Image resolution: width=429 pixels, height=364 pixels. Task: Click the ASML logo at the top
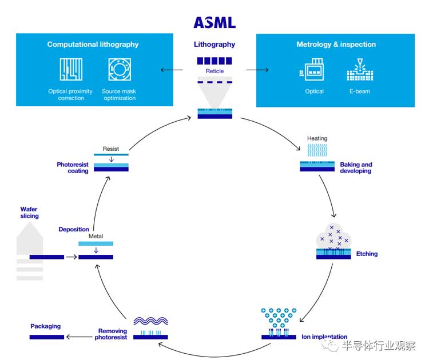point(214,23)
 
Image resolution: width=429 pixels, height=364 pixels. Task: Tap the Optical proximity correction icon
point(71,69)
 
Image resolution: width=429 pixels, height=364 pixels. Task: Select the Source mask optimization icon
point(119,69)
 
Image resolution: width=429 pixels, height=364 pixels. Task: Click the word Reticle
point(214,71)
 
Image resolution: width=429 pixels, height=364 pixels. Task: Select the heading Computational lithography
point(93,45)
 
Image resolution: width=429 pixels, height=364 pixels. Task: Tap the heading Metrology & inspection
point(336,45)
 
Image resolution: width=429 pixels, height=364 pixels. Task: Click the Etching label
point(367,254)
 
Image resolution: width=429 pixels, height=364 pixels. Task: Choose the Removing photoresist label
point(112,334)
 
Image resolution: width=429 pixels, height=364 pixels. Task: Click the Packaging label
point(45,326)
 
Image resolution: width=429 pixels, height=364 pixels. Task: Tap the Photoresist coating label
point(73,167)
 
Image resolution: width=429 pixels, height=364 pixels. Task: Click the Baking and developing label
point(356,167)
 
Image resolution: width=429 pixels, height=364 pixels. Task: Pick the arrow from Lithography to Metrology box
point(257,70)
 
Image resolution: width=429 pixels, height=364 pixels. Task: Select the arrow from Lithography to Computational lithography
point(172,70)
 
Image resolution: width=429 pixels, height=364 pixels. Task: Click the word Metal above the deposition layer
point(96,236)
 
